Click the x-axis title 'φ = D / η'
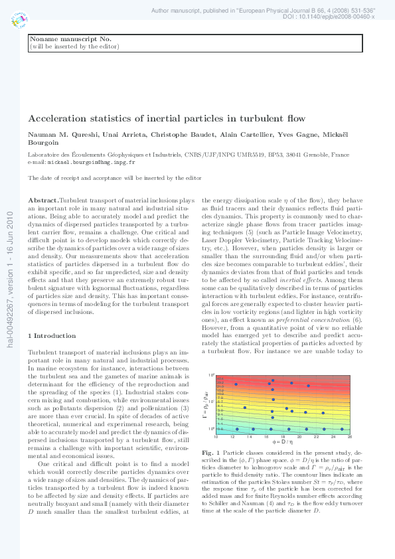point(282,441)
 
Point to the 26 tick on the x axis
point(350,436)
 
